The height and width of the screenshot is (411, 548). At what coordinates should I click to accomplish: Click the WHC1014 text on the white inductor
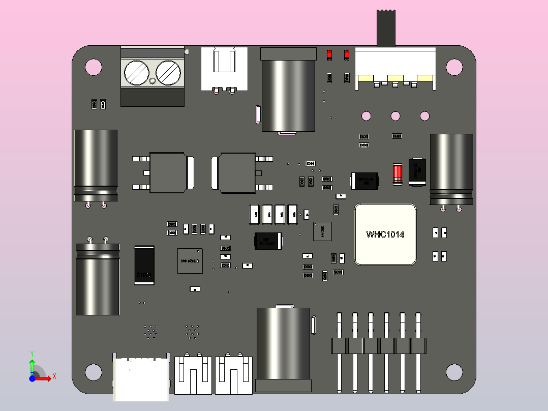(385, 234)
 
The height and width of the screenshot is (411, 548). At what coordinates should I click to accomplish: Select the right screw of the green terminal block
(168, 73)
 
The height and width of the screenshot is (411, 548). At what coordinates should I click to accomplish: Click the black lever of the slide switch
(386, 28)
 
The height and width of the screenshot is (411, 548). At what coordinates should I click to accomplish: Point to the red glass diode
(398, 174)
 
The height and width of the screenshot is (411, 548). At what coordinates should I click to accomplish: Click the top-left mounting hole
(94, 67)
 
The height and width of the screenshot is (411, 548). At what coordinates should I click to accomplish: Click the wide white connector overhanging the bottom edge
(141, 379)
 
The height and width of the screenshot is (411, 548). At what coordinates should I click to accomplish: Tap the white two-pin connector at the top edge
(224, 69)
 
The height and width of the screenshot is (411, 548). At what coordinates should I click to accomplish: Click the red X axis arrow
(46, 378)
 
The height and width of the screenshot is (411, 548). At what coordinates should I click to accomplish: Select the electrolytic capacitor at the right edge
(451, 169)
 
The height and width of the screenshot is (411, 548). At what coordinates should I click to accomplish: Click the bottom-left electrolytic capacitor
(98, 279)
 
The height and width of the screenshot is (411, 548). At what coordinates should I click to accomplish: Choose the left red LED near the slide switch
(329, 54)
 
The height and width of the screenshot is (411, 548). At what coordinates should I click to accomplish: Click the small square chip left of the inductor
(322, 231)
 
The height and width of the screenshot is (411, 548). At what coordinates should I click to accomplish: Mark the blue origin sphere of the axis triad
(32, 378)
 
